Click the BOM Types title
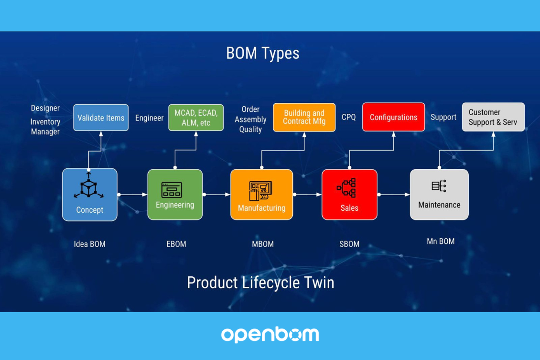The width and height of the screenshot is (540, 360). point(262,53)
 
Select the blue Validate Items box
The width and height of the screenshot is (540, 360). point(101,118)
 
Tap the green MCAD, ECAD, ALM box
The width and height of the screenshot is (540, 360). point(196,118)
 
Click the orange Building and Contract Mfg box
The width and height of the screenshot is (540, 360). point(304,117)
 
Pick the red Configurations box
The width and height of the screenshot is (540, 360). point(393,117)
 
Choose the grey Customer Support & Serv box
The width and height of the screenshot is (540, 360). point(493,117)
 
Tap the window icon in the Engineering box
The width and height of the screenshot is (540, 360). point(172,190)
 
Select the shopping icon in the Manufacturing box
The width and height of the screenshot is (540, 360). point(260,190)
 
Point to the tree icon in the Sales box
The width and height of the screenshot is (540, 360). point(347,188)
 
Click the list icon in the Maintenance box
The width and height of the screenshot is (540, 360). point(439,186)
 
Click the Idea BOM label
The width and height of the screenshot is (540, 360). point(89,244)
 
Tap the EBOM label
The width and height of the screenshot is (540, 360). point(176,244)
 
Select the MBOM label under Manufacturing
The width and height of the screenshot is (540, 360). point(262,244)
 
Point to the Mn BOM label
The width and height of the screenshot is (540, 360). point(440,241)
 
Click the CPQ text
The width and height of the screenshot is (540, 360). point(348,117)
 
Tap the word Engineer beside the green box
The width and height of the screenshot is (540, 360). point(149,118)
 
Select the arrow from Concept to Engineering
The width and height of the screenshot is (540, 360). point(132,195)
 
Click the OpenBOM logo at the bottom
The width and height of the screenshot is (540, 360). point(270,335)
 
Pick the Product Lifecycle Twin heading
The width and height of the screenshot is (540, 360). point(260,283)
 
